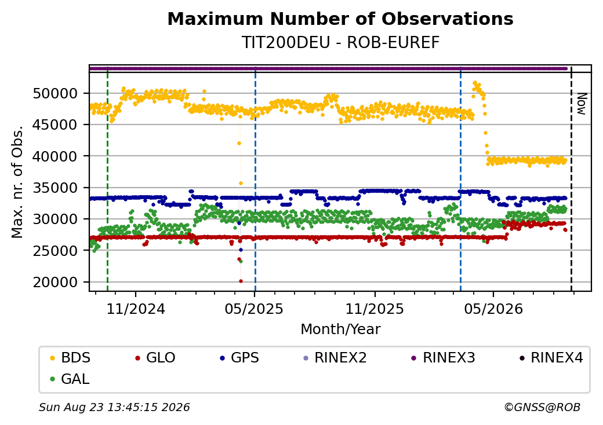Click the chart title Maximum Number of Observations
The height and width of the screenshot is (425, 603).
tap(340, 19)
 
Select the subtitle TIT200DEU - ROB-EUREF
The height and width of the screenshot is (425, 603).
tap(340, 43)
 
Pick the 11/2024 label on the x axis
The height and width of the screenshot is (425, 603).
tap(136, 309)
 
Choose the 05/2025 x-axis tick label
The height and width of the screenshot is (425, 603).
tap(254, 309)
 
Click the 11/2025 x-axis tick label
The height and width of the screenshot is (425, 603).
tap(375, 309)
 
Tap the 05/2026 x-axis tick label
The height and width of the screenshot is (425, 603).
tap(494, 309)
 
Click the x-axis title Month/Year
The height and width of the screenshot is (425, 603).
tap(340, 329)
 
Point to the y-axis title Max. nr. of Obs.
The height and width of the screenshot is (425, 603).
tap(17, 181)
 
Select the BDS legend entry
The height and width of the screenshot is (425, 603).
tap(70, 358)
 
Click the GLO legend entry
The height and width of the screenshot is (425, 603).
tap(155, 358)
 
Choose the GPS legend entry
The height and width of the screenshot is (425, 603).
tap(239, 358)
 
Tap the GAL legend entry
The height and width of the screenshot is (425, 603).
tap(70, 379)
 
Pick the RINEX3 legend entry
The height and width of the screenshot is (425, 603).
tap(444, 358)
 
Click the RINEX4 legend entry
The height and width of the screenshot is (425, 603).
tap(551, 358)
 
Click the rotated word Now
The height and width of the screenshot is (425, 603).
tap(582, 104)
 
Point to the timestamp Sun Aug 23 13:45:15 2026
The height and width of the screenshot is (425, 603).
tap(114, 407)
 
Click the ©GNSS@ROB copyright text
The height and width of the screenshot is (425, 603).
tap(542, 407)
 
